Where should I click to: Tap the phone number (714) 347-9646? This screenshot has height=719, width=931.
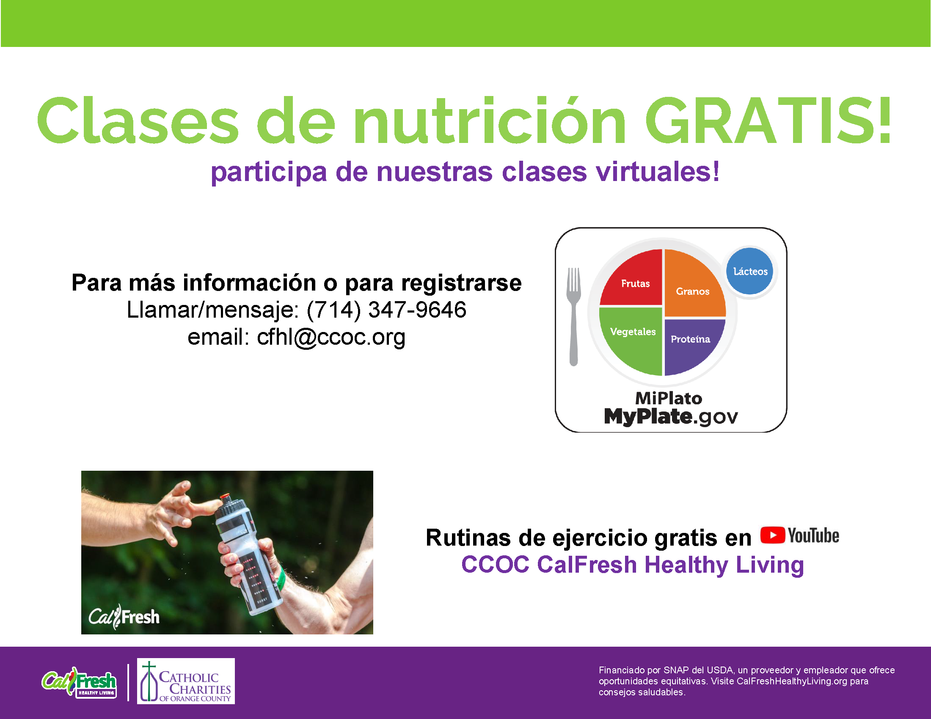[x=386, y=310]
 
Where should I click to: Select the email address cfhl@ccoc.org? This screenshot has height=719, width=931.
[x=331, y=338]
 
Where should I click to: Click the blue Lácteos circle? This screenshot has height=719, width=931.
[x=750, y=272]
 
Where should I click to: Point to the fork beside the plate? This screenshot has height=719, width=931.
[x=574, y=316]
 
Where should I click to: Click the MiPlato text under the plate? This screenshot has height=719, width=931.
[x=669, y=398]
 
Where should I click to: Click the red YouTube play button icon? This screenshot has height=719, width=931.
[x=772, y=535]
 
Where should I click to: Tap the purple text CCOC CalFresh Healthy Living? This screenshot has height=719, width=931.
[x=633, y=565]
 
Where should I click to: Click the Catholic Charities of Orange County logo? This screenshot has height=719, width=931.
[x=186, y=681]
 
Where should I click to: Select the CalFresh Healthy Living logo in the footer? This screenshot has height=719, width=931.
[x=79, y=682]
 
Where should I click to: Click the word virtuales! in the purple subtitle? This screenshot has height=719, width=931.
[x=657, y=172]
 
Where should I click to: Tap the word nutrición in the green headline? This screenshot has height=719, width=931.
[x=489, y=121]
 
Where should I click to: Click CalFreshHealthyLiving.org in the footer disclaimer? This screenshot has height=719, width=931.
[x=792, y=681]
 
